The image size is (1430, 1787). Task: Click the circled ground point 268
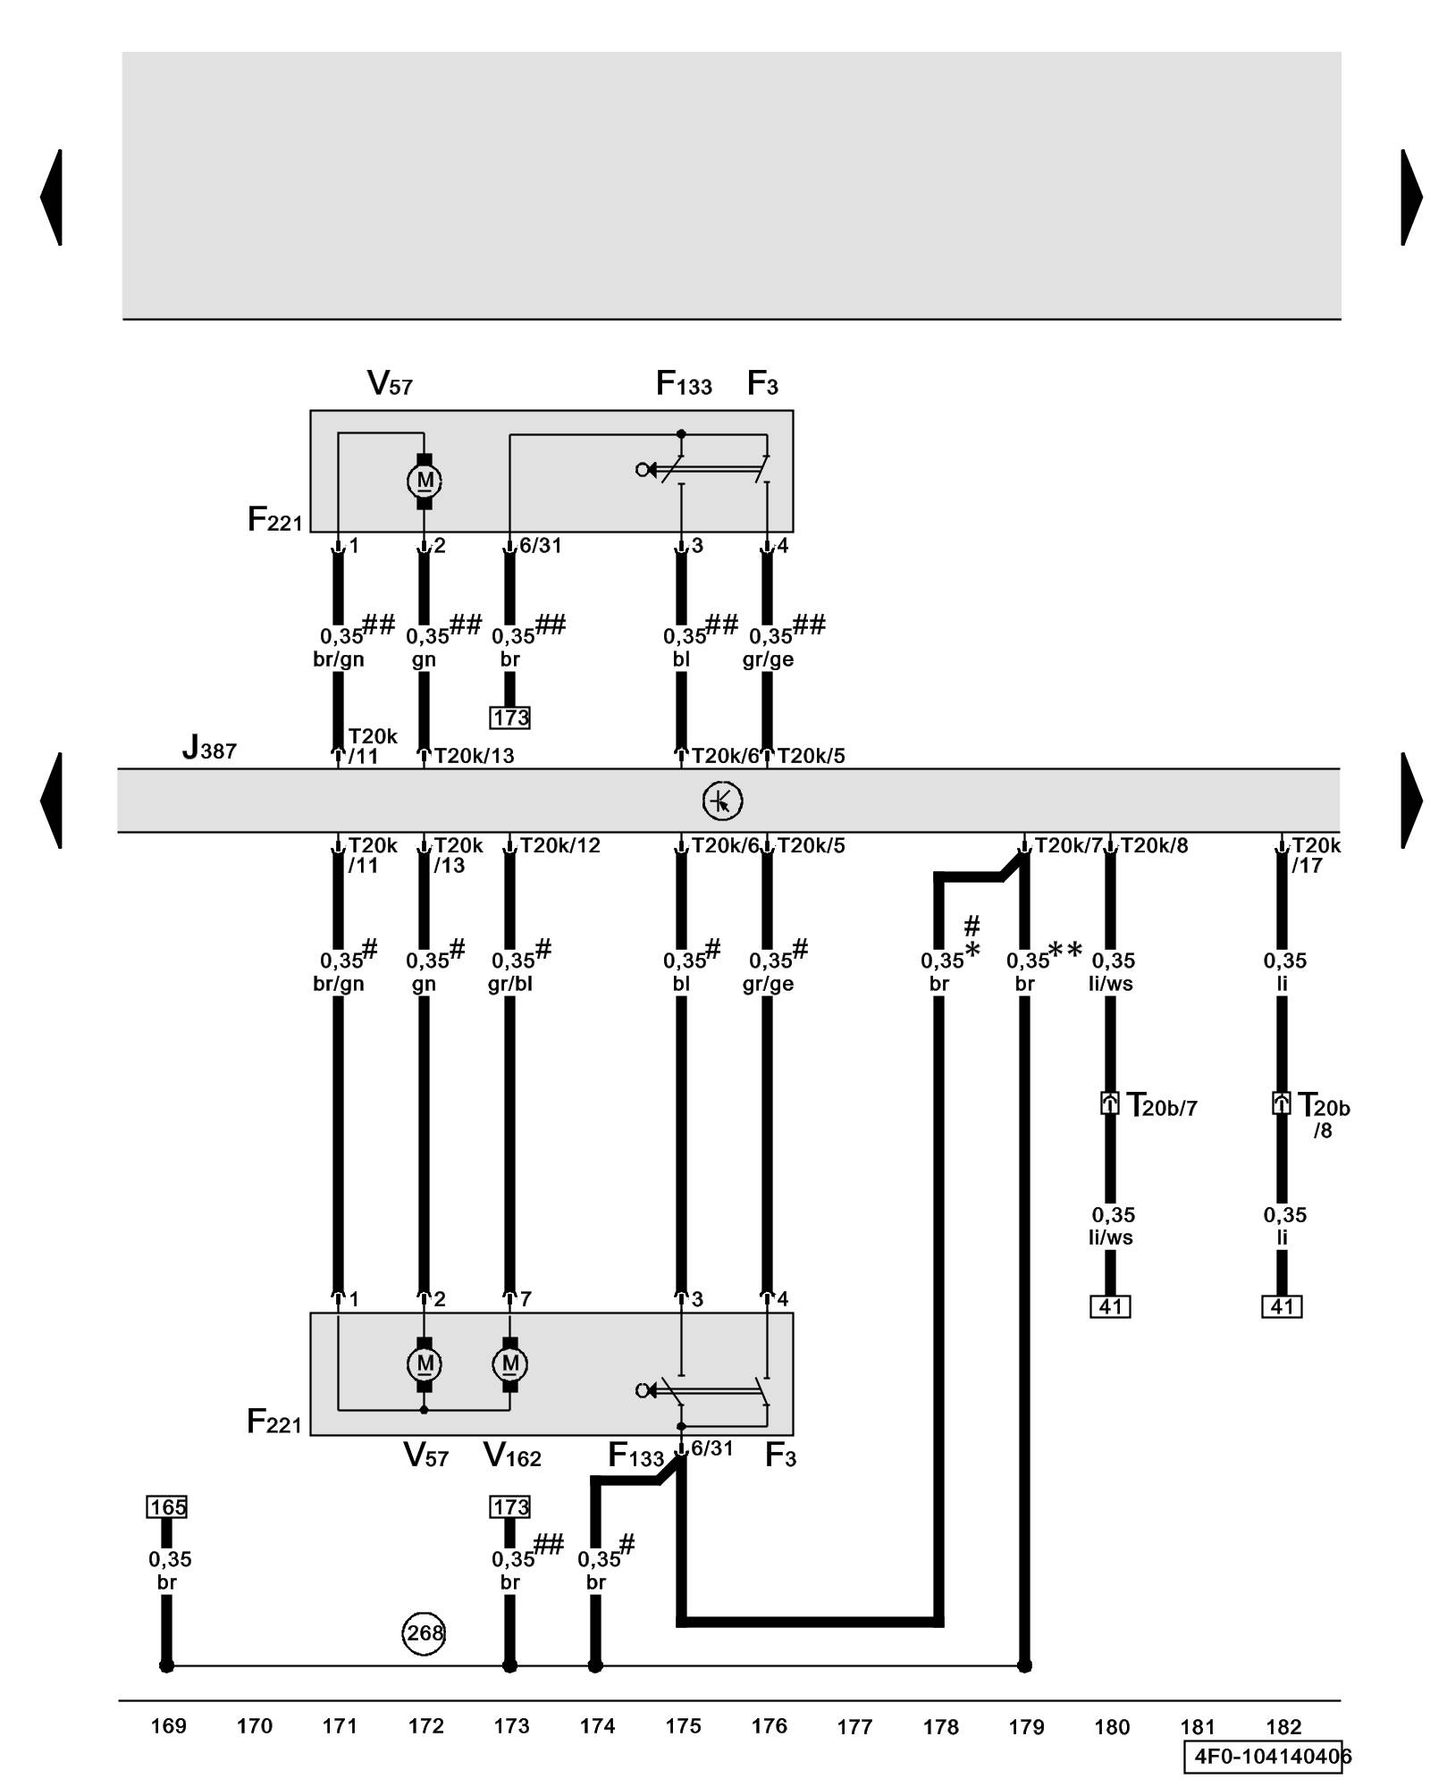[x=424, y=1633]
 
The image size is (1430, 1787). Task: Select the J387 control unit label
[x=209, y=748]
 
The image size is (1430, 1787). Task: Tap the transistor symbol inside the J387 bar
[x=722, y=801]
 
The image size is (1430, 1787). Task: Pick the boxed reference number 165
[x=167, y=1507]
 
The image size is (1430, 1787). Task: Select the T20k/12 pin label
[x=559, y=845]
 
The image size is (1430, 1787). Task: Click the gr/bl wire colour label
[x=510, y=984]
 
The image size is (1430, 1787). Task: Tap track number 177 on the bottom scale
[x=854, y=1727]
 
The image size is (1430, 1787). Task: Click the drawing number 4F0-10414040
[x=1268, y=1757]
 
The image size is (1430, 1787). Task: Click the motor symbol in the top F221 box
[x=425, y=481]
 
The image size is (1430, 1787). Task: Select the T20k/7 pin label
[x=1068, y=845]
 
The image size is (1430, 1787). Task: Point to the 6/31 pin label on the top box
[x=540, y=546]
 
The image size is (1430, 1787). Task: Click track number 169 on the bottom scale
[x=168, y=1726]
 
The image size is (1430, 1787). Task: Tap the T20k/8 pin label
[x=1154, y=845]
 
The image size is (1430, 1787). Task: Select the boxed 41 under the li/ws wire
[x=1110, y=1307]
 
